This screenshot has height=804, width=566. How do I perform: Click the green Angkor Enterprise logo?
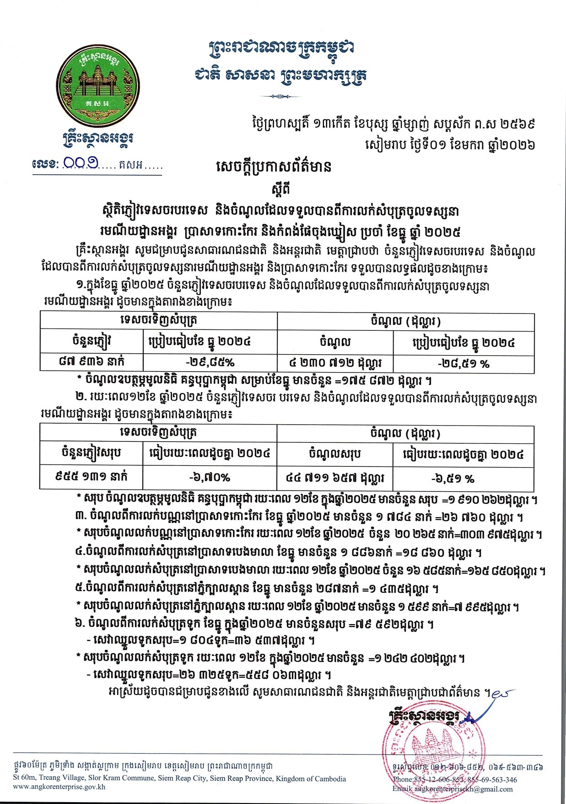(x=97, y=82)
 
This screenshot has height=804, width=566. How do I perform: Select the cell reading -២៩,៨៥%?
(x=210, y=362)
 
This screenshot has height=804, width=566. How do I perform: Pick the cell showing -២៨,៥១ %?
(x=464, y=363)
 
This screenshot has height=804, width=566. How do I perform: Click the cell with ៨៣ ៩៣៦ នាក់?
(x=92, y=362)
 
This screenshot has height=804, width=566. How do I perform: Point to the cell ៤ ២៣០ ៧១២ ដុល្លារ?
(x=335, y=363)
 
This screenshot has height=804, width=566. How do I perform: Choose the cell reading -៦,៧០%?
(x=210, y=478)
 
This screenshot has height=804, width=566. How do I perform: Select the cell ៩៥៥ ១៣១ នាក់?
(x=92, y=477)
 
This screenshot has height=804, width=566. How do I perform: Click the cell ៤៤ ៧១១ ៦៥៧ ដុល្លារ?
(x=335, y=478)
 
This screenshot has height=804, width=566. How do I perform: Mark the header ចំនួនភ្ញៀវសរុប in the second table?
(x=92, y=453)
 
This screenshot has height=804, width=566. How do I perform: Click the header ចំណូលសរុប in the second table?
(x=335, y=454)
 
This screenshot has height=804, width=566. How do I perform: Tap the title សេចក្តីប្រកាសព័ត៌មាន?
(x=273, y=167)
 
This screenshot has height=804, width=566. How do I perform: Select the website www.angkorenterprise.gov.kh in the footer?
(x=60, y=787)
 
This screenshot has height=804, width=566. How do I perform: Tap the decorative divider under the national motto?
(x=280, y=97)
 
